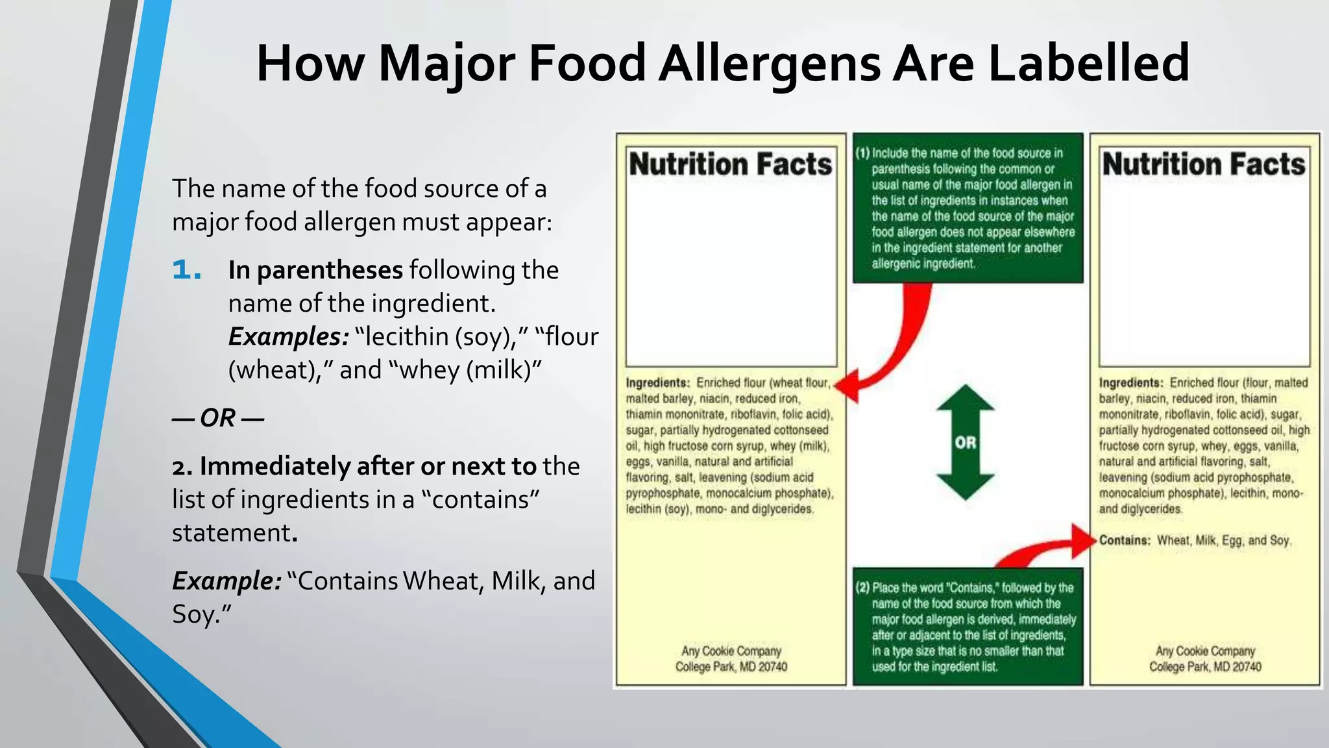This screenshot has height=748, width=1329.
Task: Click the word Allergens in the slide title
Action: click(x=770, y=63)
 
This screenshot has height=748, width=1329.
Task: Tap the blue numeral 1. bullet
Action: click(x=187, y=270)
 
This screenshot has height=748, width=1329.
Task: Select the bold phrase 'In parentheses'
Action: click(x=315, y=270)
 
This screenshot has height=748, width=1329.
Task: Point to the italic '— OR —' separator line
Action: click(x=218, y=418)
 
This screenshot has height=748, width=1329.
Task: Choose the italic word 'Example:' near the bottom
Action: click(x=226, y=580)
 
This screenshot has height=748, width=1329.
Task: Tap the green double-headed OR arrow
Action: click(x=965, y=442)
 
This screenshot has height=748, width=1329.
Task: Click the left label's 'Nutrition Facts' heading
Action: click(x=731, y=164)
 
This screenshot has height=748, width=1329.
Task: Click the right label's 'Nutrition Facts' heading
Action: click(x=1204, y=164)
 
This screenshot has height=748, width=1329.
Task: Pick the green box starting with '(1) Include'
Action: click(x=968, y=208)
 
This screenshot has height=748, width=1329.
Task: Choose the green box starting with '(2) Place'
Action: click(x=968, y=627)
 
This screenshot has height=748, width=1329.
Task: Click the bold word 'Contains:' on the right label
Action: click(x=1125, y=540)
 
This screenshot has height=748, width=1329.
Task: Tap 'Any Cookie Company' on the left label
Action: click(x=731, y=651)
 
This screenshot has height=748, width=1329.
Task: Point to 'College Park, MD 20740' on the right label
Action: click(x=1205, y=667)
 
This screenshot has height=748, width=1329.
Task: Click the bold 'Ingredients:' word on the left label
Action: click(x=657, y=382)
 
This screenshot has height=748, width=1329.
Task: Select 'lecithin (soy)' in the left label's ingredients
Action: click(x=657, y=509)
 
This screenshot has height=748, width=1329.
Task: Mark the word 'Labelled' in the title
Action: click(x=1089, y=63)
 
